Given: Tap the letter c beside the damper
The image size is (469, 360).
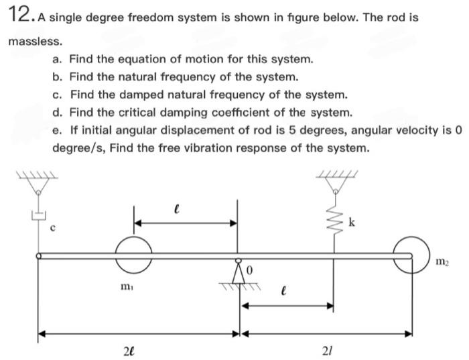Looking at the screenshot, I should click(53, 227).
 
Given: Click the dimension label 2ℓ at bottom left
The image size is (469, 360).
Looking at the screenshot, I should click(127, 349).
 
